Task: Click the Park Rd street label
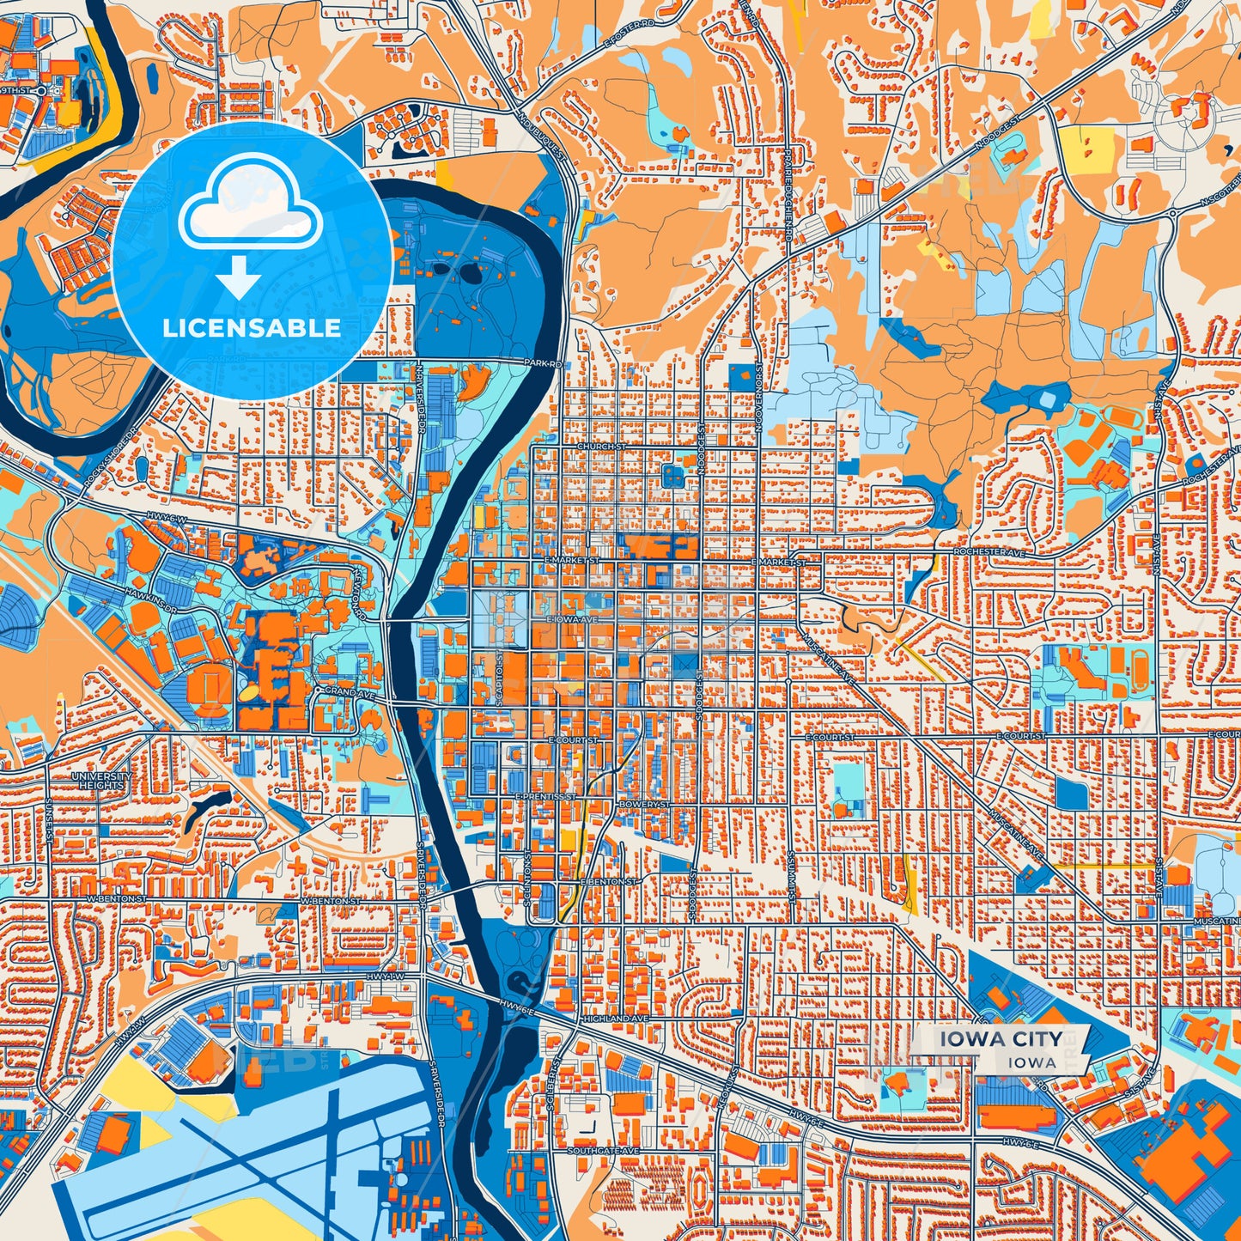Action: coord(544,363)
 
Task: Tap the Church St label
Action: coord(601,447)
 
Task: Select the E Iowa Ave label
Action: coord(571,618)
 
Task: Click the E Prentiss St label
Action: coord(544,796)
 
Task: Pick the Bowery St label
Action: coord(642,804)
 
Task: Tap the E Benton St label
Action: coord(609,882)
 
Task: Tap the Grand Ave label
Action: coord(341,691)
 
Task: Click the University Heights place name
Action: coord(102,780)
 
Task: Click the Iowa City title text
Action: coord(1000,1039)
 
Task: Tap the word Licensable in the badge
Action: coord(252,328)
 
